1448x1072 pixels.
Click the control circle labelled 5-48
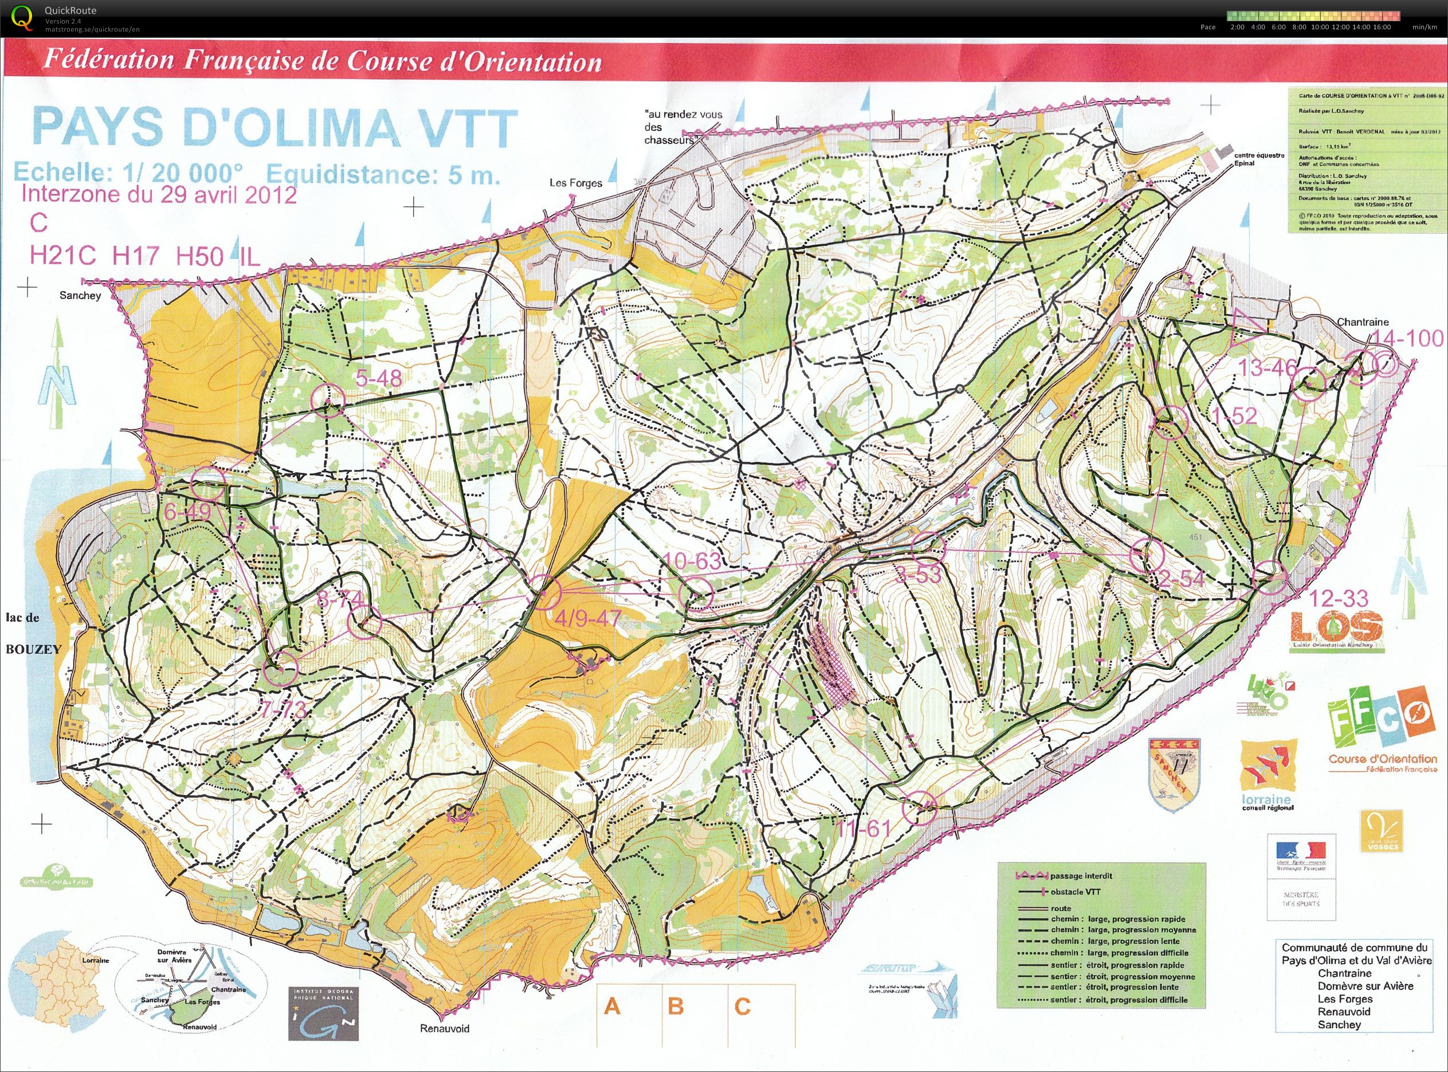pyautogui.click(x=327, y=400)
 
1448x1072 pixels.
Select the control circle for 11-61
pyautogui.click(x=920, y=808)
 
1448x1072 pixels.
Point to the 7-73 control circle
pyautogui.click(x=281, y=669)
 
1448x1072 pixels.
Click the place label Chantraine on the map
pyautogui.click(x=1362, y=322)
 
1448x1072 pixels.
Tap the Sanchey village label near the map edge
pyautogui.click(x=80, y=295)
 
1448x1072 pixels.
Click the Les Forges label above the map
pyautogui.click(x=575, y=183)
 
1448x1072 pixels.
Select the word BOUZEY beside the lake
pyautogui.click(x=33, y=649)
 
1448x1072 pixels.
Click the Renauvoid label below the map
pyautogui.click(x=444, y=1028)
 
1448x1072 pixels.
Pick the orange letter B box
pyautogui.click(x=675, y=1007)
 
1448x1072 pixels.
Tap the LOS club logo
pyautogui.click(x=1336, y=627)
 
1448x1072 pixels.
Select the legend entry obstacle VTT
pyautogui.click(x=1076, y=892)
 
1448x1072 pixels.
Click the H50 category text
pyautogui.click(x=200, y=256)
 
